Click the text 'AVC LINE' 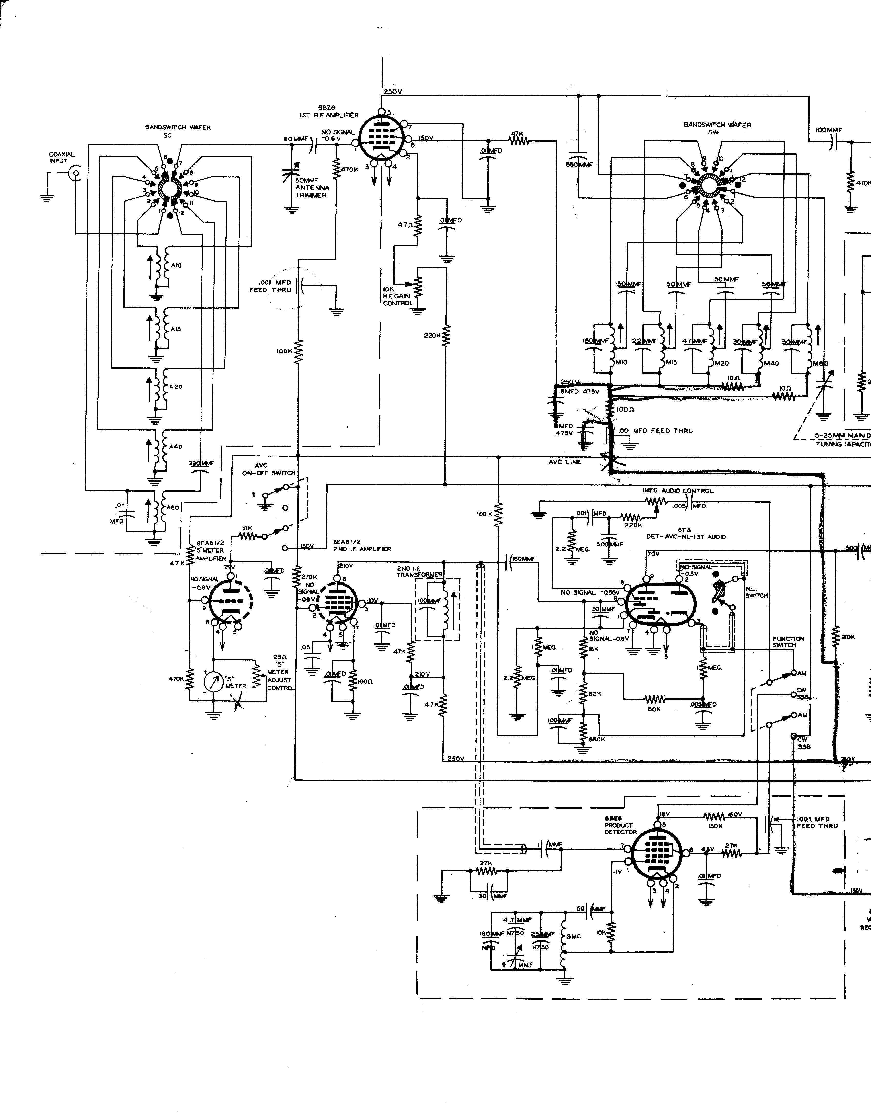click(x=565, y=462)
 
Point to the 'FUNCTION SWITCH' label click(x=788, y=642)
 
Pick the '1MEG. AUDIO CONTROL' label click(x=678, y=491)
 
